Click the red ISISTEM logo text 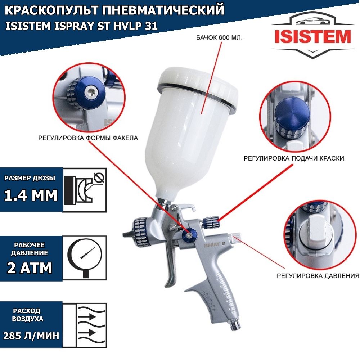pos(313,37)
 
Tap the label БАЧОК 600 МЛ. pos(219,38)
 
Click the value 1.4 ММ pos(31,195)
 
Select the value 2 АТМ pos(30,268)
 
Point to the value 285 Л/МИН pos(31,336)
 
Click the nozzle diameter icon pos(85,190)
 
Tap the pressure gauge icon pos(85,258)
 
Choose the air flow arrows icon pos(85,325)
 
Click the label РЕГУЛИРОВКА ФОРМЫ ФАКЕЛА pos(88,138)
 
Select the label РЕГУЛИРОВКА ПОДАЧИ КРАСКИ pos(294,158)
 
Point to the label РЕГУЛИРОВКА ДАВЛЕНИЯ pos(318,276)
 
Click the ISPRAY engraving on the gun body pos(211,245)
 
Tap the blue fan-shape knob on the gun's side pos(190,234)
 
